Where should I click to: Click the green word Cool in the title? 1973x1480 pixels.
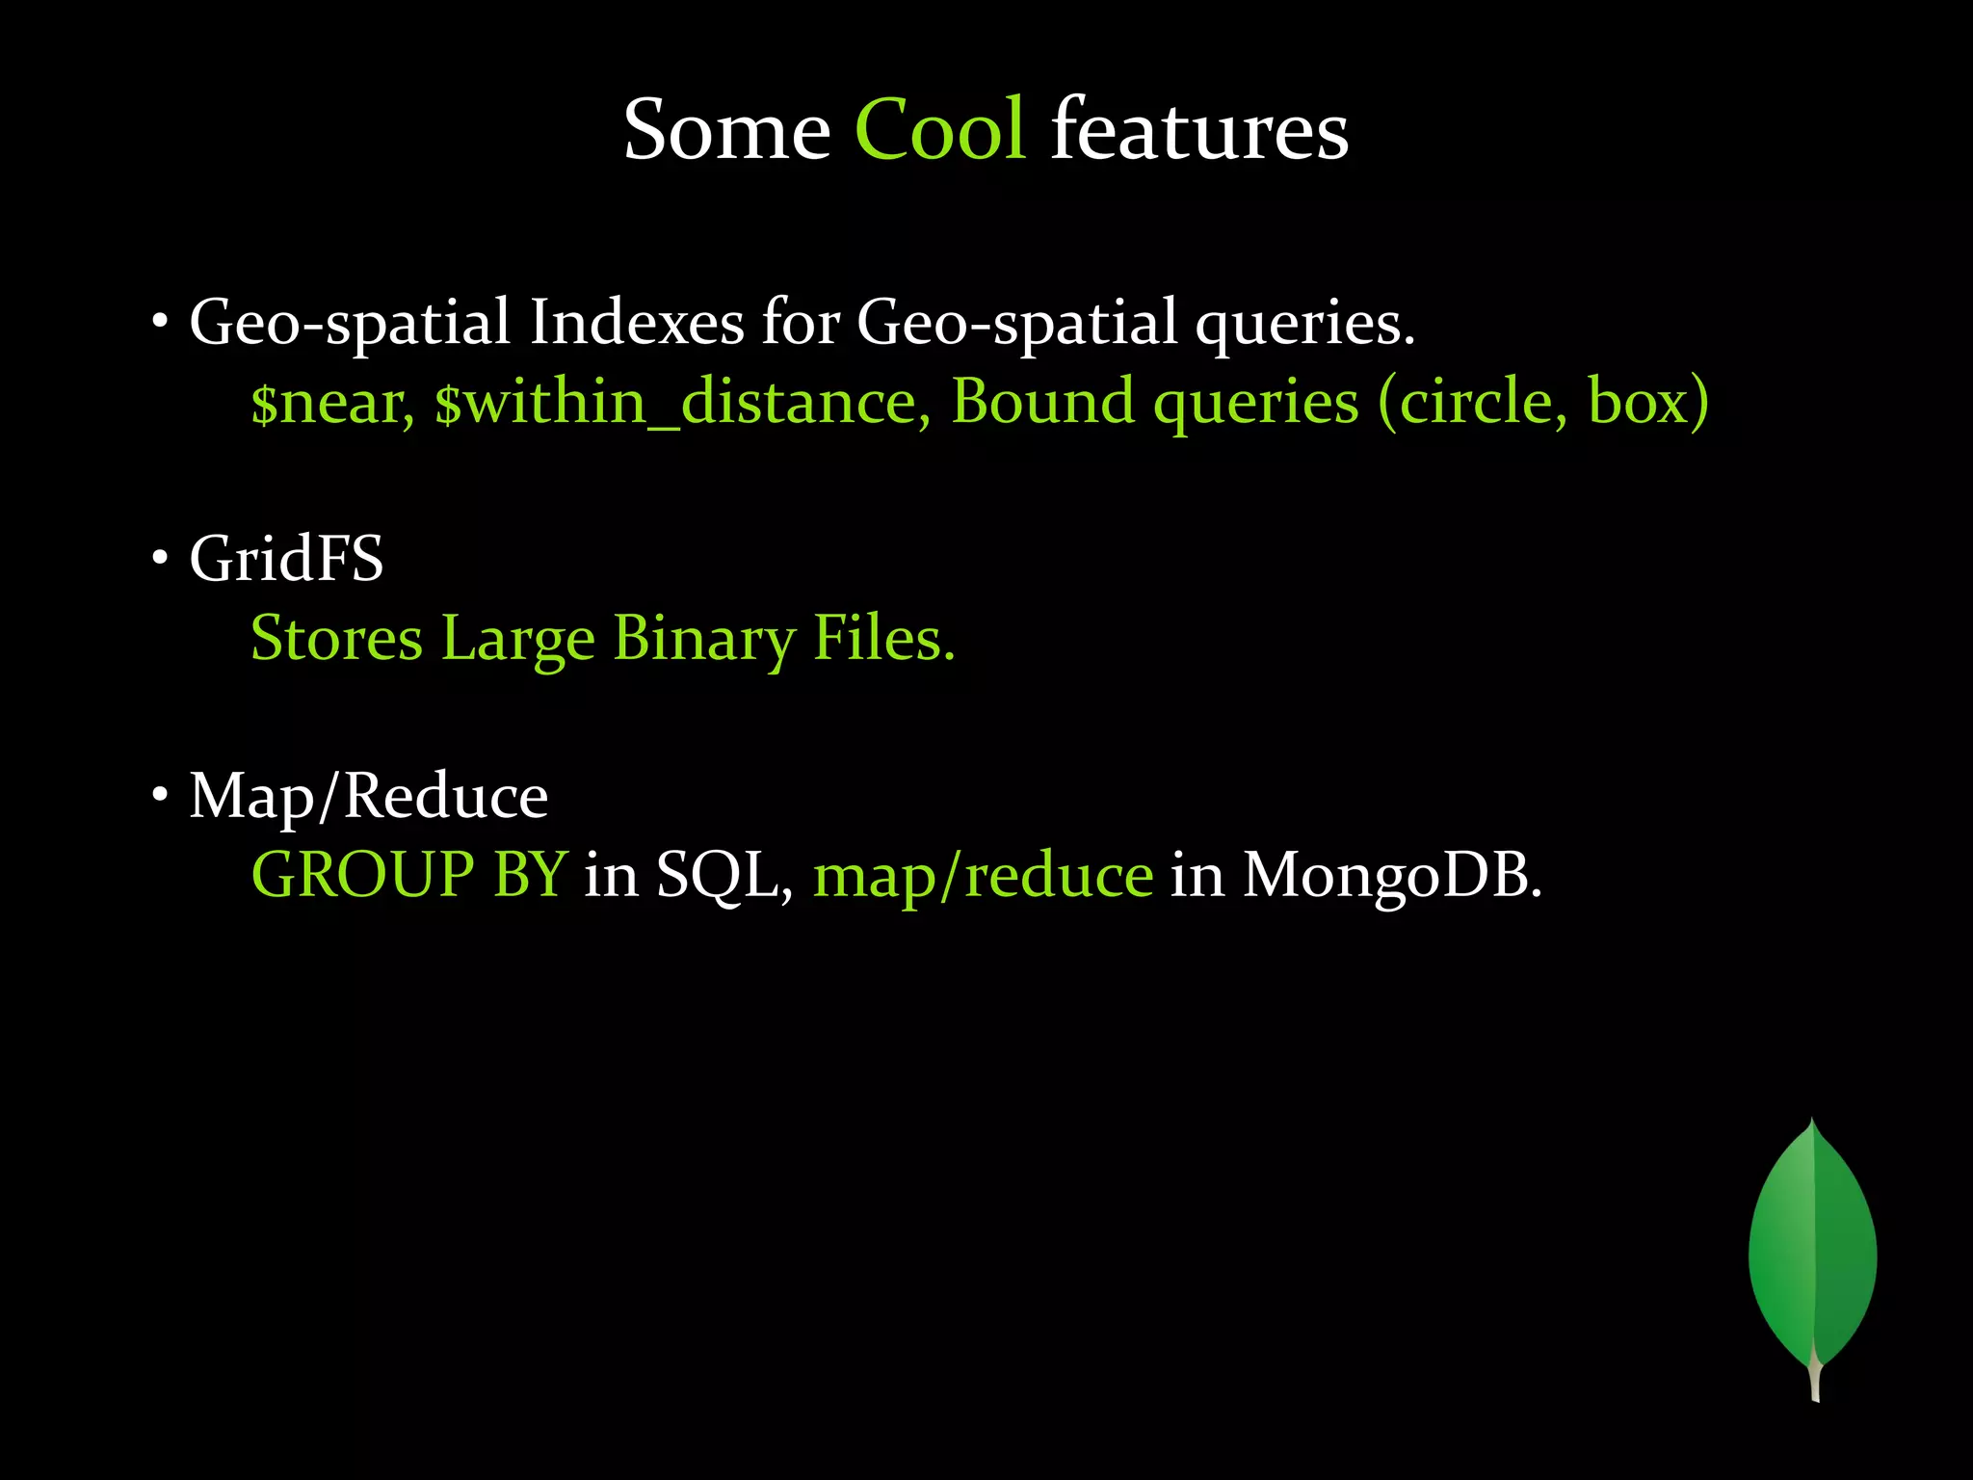click(x=939, y=130)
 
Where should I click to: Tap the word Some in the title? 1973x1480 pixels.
click(x=726, y=130)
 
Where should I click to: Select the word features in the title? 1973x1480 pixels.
click(x=1199, y=130)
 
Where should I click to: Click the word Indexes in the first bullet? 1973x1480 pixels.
click(x=636, y=323)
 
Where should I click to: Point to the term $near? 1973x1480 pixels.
click(x=332, y=403)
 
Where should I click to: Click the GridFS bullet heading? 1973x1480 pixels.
click(x=286, y=559)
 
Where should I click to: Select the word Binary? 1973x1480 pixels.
click(x=703, y=639)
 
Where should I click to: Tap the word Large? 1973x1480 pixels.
click(x=518, y=639)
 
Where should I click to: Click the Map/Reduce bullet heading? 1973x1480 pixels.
click(x=368, y=797)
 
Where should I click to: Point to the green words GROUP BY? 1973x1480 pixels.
click(x=409, y=875)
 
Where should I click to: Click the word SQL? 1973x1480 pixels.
click(x=724, y=877)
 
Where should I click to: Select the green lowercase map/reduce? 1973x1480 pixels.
click(x=983, y=877)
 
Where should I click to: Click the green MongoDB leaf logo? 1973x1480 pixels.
click(x=1812, y=1253)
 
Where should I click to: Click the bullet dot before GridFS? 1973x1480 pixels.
click(x=160, y=558)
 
